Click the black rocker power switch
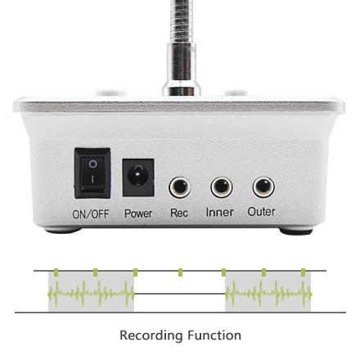[x=92, y=173]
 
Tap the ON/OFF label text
[x=91, y=214]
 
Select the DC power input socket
[x=138, y=178]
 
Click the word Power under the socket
[x=138, y=214]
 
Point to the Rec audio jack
[x=179, y=187]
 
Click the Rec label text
[x=179, y=213]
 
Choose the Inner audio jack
[x=222, y=187]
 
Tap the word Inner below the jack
[x=220, y=212]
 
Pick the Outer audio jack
[x=263, y=187]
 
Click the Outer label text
[x=261, y=212]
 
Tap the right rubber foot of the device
[x=296, y=232]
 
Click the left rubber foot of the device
[x=64, y=231]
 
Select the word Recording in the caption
[x=151, y=335]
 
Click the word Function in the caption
[x=214, y=335]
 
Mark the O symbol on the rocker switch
[x=93, y=164]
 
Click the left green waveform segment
[x=91, y=295]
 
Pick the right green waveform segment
[x=268, y=295]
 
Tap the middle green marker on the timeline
[x=180, y=272]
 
